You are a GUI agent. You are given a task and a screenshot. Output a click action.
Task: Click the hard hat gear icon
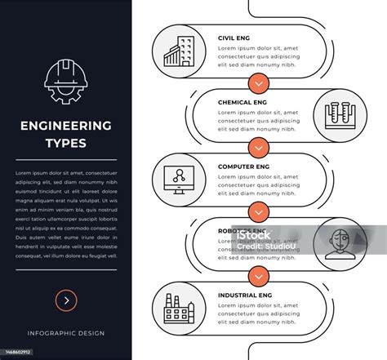click(x=65, y=82)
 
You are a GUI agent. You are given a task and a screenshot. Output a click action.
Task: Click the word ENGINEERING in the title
click(x=65, y=126)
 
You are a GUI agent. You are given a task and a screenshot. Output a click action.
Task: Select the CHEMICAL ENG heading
click(x=242, y=102)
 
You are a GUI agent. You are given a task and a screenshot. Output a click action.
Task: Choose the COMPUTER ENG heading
click(x=243, y=167)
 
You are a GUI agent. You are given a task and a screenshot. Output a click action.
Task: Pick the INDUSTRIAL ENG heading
click(x=246, y=295)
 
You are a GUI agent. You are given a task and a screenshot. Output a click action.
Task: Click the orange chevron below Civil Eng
click(x=258, y=82)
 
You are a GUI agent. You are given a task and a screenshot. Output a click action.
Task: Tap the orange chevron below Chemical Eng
click(x=258, y=147)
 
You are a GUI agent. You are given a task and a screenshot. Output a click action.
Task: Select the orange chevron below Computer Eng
click(x=258, y=211)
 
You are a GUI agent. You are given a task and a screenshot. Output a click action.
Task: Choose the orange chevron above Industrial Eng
click(x=258, y=275)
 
